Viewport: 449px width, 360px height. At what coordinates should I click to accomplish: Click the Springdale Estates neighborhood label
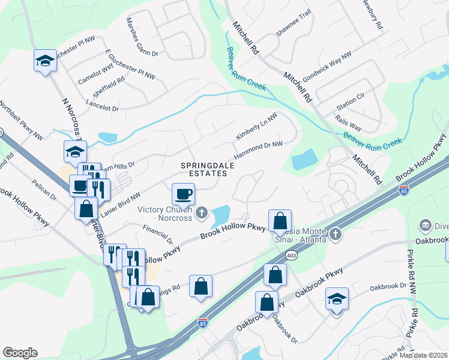pos(205,169)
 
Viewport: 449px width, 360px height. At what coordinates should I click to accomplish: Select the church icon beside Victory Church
pos(202,212)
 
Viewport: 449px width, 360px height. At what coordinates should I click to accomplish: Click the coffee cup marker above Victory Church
pos(184,194)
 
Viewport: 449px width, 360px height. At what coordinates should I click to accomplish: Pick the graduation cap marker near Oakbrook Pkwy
pos(337,299)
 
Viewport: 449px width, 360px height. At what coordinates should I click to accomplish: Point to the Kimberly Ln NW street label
pos(256,128)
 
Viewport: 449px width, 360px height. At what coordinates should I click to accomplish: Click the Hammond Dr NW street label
pos(258,150)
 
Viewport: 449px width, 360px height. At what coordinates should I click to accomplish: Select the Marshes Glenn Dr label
pos(142,37)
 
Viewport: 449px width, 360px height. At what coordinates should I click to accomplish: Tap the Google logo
pos(20,353)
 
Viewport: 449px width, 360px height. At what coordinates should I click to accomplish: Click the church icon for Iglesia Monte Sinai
pos(336,233)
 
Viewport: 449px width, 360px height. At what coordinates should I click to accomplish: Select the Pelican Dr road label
pos(45,196)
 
